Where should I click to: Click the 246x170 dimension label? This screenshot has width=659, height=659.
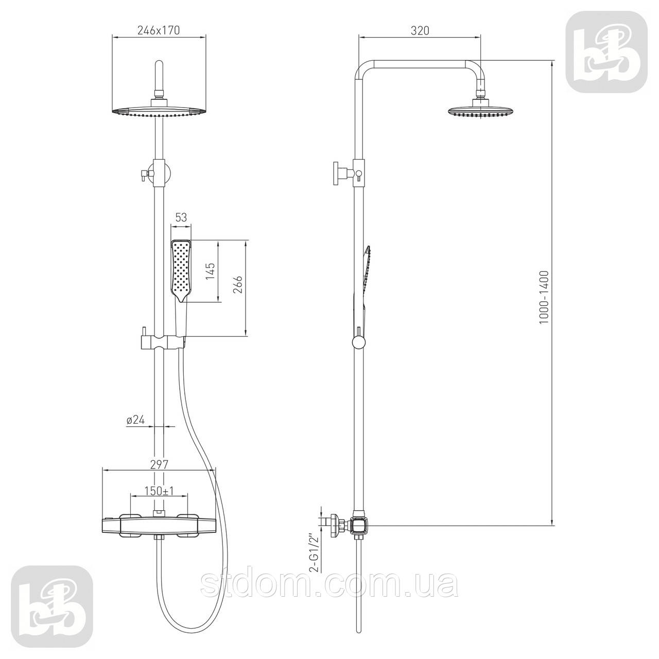(x=159, y=30)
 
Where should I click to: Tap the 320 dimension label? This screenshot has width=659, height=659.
(x=420, y=30)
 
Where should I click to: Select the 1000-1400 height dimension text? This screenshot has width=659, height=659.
(x=543, y=298)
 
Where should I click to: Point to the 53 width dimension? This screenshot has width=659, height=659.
(x=181, y=217)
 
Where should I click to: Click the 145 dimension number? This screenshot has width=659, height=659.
(x=211, y=272)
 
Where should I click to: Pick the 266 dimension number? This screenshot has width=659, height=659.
(x=237, y=285)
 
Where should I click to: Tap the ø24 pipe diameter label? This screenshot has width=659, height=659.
(x=135, y=420)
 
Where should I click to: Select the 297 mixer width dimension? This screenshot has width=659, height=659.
(x=160, y=464)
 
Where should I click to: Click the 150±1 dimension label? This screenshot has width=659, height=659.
(x=160, y=491)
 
